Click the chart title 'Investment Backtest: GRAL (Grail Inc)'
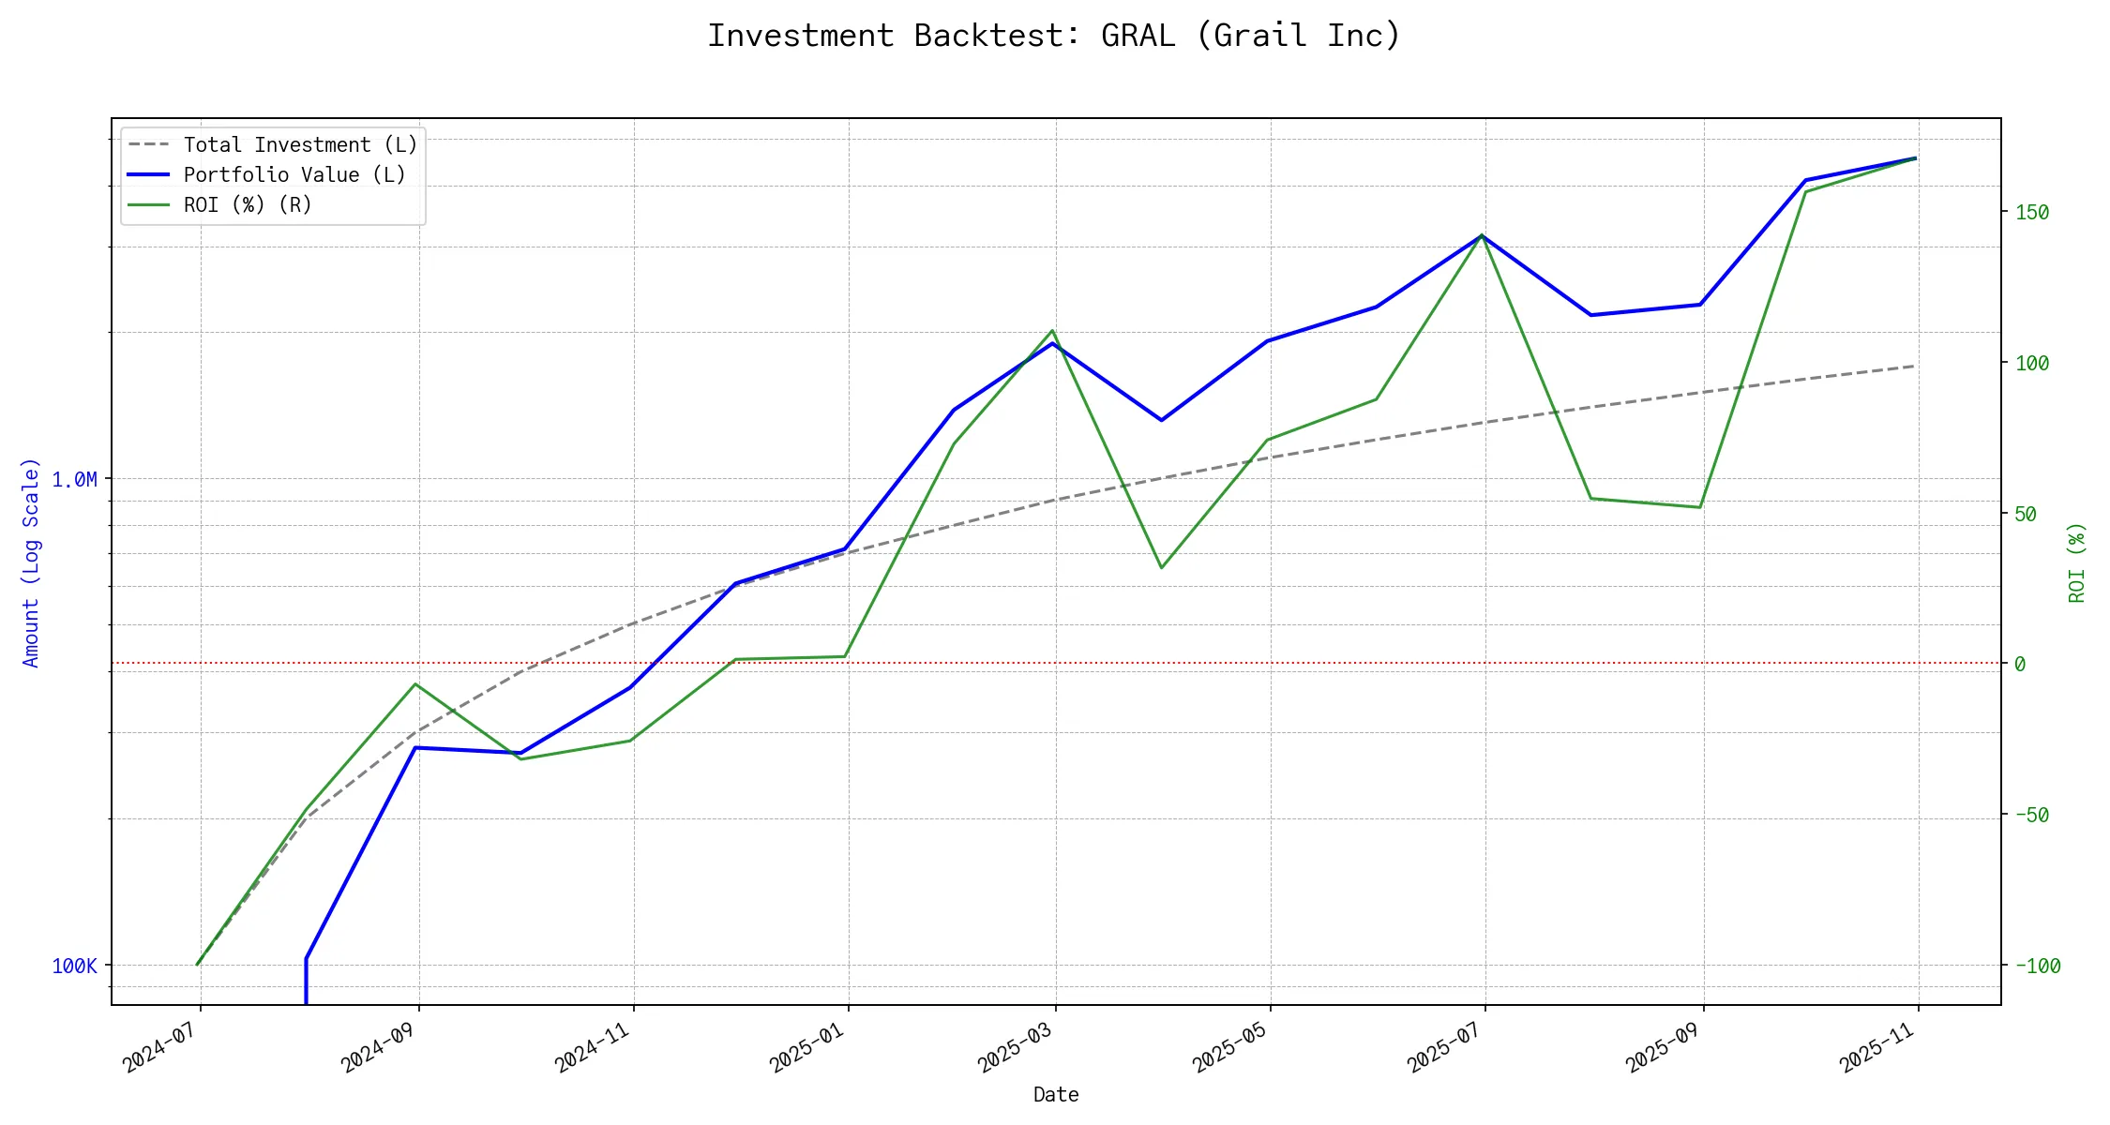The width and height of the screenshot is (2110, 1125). (x=1053, y=36)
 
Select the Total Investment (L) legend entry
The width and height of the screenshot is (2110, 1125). (x=299, y=145)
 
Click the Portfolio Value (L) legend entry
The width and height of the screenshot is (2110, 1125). (x=294, y=175)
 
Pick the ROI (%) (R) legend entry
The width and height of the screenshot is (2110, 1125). (x=247, y=205)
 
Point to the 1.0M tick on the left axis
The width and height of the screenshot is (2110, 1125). (x=74, y=480)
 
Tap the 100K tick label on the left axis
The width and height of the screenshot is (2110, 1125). (x=74, y=966)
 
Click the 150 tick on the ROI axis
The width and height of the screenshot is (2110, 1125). (x=2032, y=213)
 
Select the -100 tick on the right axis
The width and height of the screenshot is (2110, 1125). (x=2038, y=966)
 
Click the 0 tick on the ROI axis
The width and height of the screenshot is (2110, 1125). (x=2020, y=664)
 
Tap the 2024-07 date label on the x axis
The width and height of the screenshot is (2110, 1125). (x=159, y=1046)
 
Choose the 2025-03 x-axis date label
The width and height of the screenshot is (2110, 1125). (x=1015, y=1046)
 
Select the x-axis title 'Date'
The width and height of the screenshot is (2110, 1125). (x=1056, y=1094)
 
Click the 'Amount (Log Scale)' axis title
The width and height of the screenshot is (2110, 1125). (x=31, y=562)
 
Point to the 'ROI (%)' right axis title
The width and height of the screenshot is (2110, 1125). (x=2077, y=562)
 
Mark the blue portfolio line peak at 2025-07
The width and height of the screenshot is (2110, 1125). (x=1482, y=235)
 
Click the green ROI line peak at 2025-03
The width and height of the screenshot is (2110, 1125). (x=1053, y=331)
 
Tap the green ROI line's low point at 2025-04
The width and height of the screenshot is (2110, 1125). (x=1161, y=567)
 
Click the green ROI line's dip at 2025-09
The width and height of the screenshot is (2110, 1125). (x=1700, y=507)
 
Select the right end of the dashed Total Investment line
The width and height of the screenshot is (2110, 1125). (x=1915, y=366)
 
